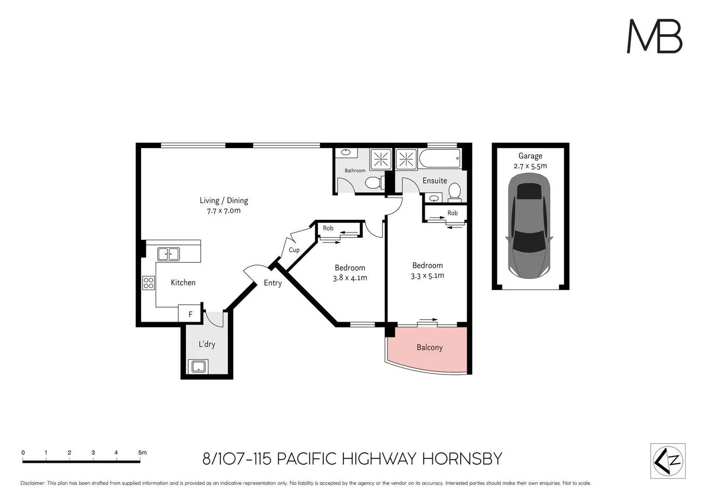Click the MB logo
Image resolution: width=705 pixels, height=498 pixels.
click(654, 36)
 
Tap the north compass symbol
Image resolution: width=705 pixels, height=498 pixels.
click(668, 461)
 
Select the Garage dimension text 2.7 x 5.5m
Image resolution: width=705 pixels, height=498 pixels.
click(530, 166)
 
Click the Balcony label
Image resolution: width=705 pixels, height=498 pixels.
click(429, 348)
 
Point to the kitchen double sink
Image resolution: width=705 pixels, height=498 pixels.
click(168, 254)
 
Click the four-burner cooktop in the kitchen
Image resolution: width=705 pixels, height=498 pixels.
click(149, 283)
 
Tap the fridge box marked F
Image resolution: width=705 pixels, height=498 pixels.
click(190, 314)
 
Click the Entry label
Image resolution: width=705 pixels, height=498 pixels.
click(272, 283)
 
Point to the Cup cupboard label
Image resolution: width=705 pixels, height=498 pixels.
click(294, 250)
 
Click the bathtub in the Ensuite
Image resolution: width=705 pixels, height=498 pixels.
click(440, 159)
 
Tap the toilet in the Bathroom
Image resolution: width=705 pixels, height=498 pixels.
click(374, 183)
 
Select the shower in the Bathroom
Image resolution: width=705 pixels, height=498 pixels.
click(381, 160)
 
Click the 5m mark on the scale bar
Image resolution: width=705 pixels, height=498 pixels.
click(142, 453)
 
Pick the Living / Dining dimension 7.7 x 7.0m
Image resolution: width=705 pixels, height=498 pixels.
click(224, 211)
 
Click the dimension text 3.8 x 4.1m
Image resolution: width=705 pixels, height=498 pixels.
click(350, 278)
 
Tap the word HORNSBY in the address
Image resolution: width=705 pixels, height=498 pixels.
click(462, 459)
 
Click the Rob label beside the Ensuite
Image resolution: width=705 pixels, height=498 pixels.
click(453, 213)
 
